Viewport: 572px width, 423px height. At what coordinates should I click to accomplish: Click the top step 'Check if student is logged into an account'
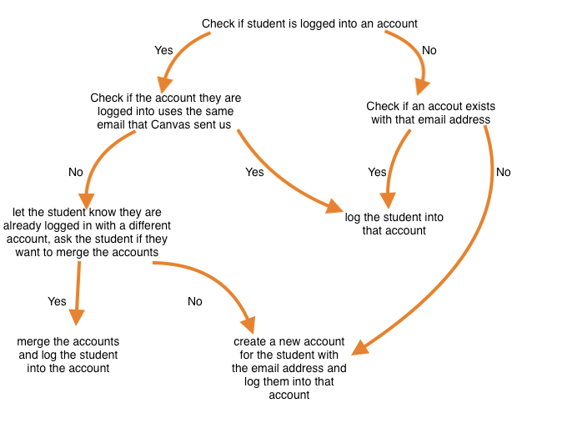point(309,23)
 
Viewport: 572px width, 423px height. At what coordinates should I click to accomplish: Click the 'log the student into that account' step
point(394,224)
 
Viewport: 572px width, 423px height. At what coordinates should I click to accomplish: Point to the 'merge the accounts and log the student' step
point(68,355)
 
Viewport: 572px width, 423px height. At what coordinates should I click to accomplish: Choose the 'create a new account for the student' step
point(289,368)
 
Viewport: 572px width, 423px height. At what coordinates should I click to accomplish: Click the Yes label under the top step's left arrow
point(164,50)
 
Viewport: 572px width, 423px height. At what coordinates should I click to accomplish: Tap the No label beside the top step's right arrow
point(429,50)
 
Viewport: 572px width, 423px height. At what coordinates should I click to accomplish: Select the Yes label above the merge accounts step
point(58,301)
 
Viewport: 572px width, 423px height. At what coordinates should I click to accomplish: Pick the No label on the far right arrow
point(503,172)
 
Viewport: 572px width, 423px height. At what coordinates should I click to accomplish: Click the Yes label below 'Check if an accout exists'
point(377,172)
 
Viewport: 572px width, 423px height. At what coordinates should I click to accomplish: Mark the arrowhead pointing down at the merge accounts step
point(77,316)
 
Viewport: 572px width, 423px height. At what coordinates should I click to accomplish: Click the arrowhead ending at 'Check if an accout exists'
point(422,85)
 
